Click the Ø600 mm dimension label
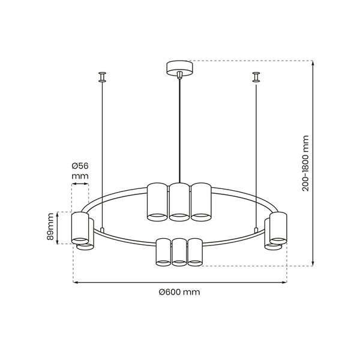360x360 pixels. (179, 292)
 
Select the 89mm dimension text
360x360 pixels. (50, 227)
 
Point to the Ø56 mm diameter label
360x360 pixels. (80, 170)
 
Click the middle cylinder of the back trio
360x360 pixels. (179, 202)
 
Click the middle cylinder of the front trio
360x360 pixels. (179, 252)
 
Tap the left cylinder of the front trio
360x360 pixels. (163, 252)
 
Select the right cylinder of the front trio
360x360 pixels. (195, 252)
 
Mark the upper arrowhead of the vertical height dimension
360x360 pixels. (313, 62)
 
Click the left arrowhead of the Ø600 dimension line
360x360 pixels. (76, 283)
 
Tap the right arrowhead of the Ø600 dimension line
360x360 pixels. (284, 283)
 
